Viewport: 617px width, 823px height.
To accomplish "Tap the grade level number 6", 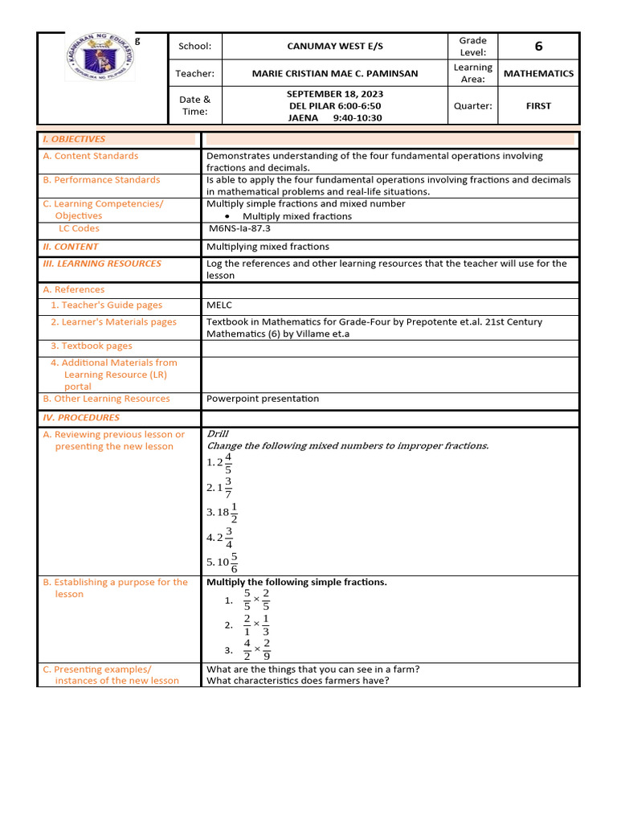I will click(538, 47).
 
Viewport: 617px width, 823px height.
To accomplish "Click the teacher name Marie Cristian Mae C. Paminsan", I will click(335, 73).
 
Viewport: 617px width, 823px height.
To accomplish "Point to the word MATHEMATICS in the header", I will click(538, 73).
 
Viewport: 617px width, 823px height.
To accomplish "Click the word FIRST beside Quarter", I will click(538, 105).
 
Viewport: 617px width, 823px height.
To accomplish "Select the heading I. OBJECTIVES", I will click(74, 139).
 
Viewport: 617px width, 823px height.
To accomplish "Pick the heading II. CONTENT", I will click(71, 247).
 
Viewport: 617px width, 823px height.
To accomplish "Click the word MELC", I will click(219, 305).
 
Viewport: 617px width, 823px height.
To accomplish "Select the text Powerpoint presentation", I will click(263, 399).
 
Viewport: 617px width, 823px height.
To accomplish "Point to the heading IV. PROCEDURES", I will click(81, 418).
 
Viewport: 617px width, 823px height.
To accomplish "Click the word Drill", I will click(218, 434).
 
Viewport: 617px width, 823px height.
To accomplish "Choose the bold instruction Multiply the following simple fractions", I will click(296, 582).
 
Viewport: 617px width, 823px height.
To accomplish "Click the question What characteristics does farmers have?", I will click(298, 681).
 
